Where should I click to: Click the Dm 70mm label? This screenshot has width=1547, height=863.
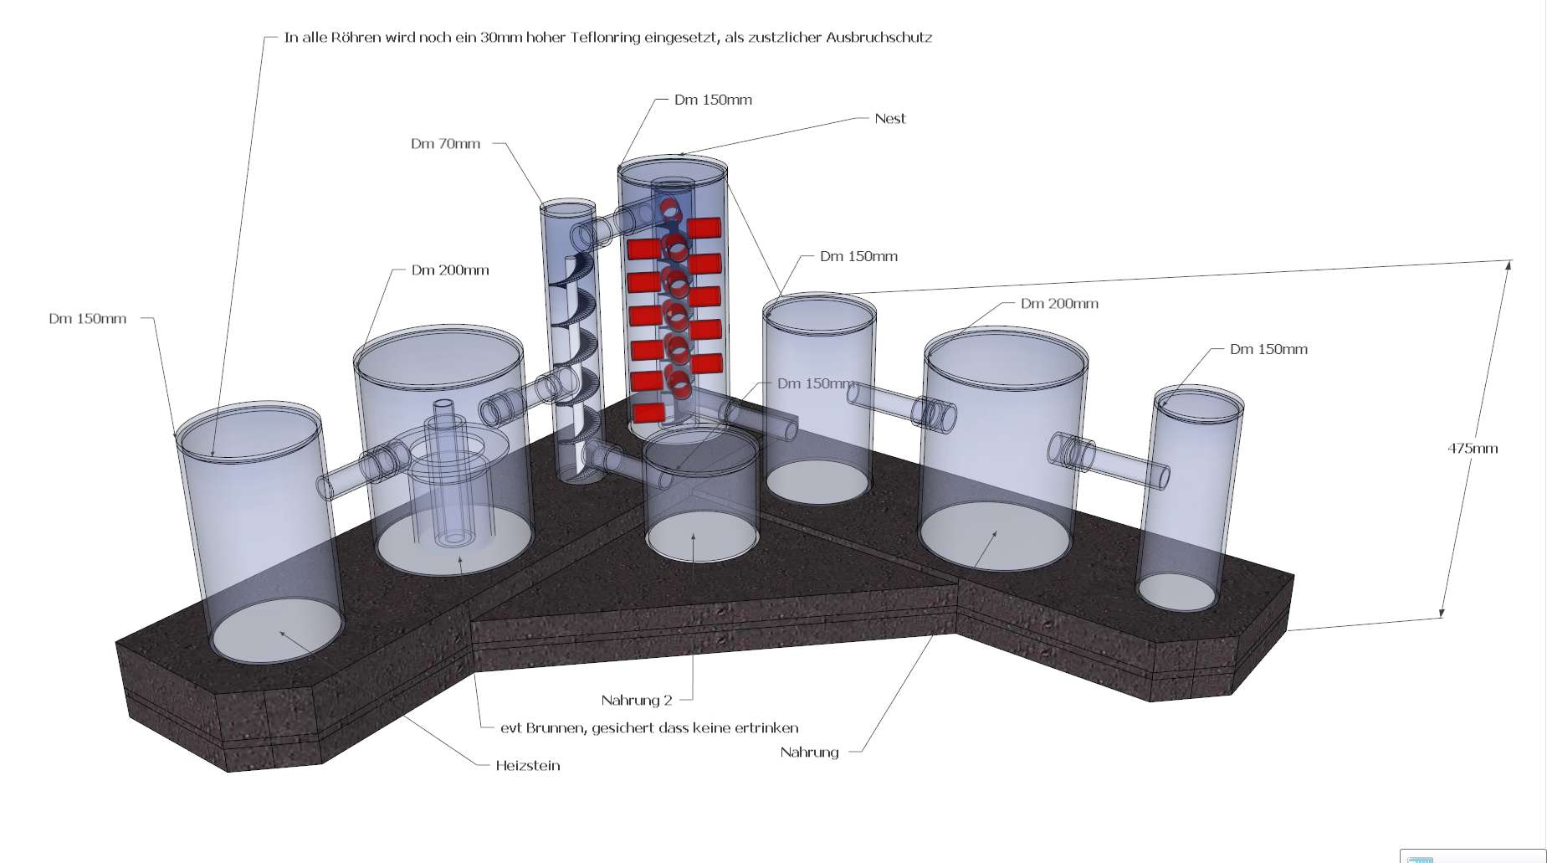(x=445, y=144)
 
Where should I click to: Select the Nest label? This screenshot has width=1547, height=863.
(x=889, y=119)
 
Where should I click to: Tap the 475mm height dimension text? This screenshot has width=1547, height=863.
(x=1472, y=449)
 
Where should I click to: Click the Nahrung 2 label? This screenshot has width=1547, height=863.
(x=636, y=701)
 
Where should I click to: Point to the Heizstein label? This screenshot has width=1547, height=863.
(x=527, y=766)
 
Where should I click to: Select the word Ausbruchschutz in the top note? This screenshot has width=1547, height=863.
(x=879, y=38)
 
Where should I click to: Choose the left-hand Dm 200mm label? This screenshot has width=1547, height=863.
(x=450, y=270)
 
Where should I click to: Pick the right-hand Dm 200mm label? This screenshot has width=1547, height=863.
(x=1059, y=304)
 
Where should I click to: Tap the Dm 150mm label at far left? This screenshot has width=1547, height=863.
(x=87, y=319)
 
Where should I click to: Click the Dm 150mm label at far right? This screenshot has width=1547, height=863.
(x=1268, y=350)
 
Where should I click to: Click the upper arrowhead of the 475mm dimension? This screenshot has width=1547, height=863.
(x=1509, y=266)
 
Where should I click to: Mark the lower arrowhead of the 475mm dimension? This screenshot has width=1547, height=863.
(x=1442, y=613)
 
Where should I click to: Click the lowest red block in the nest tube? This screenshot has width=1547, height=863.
(x=648, y=412)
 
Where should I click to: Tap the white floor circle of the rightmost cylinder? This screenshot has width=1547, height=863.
(x=1176, y=591)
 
